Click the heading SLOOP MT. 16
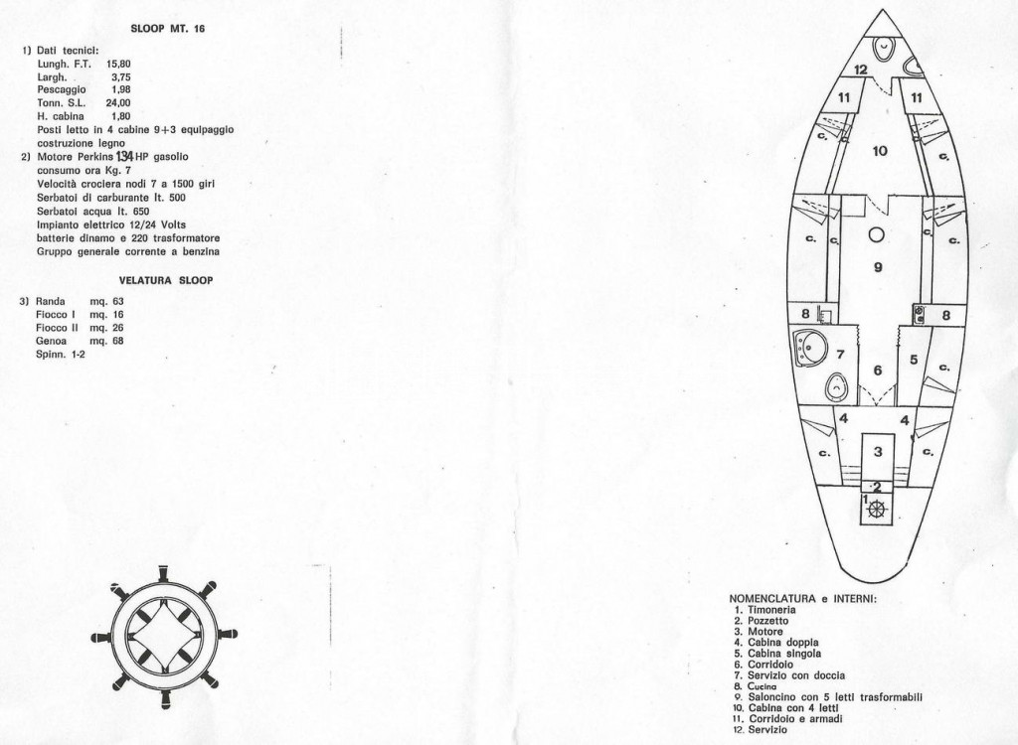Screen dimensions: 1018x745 pyautogui.click(x=168, y=29)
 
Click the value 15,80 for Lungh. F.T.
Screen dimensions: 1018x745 pyautogui.click(x=118, y=64)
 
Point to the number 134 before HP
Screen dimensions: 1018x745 pyautogui.click(x=124, y=156)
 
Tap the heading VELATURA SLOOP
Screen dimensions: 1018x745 pyautogui.click(x=166, y=280)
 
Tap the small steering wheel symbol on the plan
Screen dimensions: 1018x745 pyautogui.click(x=877, y=510)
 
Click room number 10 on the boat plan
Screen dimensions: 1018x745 pyautogui.click(x=880, y=151)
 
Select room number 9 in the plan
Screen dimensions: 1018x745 pyautogui.click(x=878, y=267)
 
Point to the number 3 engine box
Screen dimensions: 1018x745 pyautogui.click(x=878, y=452)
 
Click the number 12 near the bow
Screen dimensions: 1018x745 pyautogui.click(x=861, y=70)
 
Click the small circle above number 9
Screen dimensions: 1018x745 pyautogui.click(x=877, y=234)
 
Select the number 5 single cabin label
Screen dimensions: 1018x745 pyautogui.click(x=914, y=359)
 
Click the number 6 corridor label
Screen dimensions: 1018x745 pyautogui.click(x=878, y=371)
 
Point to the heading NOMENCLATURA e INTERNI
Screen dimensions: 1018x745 pyautogui.click(x=803, y=598)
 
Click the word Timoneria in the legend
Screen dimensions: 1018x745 pyautogui.click(x=771, y=610)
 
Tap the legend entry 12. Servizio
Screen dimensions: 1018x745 pyautogui.click(x=761, y=729)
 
